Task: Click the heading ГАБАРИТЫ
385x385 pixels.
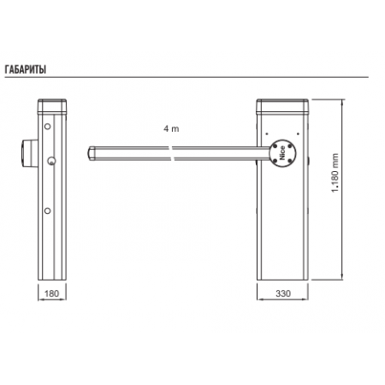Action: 26,69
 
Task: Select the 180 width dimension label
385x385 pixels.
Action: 51,293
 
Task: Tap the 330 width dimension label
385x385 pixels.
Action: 283,293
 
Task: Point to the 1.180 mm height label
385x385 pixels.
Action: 335,173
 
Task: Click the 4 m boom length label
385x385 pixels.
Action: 171,128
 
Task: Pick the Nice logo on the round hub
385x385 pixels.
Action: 282,153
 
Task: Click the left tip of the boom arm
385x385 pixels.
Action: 88,153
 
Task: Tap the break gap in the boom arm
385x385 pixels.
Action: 173,153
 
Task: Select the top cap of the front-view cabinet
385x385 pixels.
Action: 282,106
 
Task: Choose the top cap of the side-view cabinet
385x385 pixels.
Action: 52,106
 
